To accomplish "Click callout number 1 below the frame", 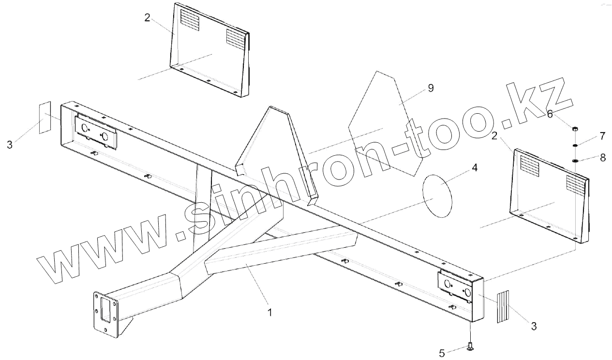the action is pos(269,313).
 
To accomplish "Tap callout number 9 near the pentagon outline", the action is pos(431,88).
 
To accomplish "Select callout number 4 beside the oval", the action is pos(475,167).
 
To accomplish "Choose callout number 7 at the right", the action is pos(602,136).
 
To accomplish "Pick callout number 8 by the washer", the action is pos(602,158).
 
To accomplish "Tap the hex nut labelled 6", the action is pos(575,129).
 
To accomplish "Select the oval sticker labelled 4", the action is pos(438,196).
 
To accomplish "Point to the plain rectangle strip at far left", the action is pos(45,118).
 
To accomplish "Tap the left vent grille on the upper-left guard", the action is pos(190,21).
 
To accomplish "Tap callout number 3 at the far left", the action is pos(10,144).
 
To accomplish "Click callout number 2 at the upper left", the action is pos(148,18).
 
